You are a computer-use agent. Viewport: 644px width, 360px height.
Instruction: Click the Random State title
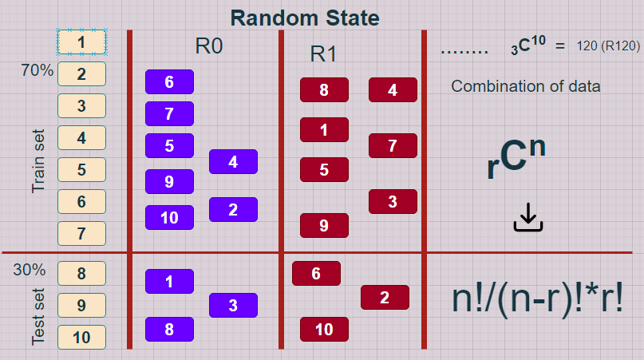point(305,17)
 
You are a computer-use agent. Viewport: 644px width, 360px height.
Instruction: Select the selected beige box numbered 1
point(81,42)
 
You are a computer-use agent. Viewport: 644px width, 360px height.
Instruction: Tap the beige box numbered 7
point(81,234)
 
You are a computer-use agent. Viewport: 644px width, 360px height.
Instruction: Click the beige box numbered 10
point(81,337)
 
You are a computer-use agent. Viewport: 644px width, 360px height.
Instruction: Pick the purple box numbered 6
point(169,81)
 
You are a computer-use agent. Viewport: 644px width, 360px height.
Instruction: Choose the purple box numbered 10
point(169,217)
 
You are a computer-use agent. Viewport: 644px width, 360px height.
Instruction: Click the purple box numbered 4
point(233,161)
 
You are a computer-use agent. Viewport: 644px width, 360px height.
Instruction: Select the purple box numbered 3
point(233,305)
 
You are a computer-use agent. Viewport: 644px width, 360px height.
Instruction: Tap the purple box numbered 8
point(169,329)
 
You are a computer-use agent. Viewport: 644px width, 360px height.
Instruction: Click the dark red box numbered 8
point(324,89)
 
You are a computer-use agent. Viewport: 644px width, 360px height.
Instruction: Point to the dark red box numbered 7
point(393,145)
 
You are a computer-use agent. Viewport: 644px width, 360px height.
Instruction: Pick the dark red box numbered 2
point(385,297)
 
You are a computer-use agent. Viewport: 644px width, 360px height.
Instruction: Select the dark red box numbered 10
point(324,329)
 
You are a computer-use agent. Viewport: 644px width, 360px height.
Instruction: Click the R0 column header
point(209,46)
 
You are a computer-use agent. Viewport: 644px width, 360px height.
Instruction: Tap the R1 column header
point(324,54)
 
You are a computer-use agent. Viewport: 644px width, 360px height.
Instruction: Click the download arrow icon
point(527,217)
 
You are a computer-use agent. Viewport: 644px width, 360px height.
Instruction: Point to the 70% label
point(38,71)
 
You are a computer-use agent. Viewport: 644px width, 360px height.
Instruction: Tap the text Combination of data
point(526,86)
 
